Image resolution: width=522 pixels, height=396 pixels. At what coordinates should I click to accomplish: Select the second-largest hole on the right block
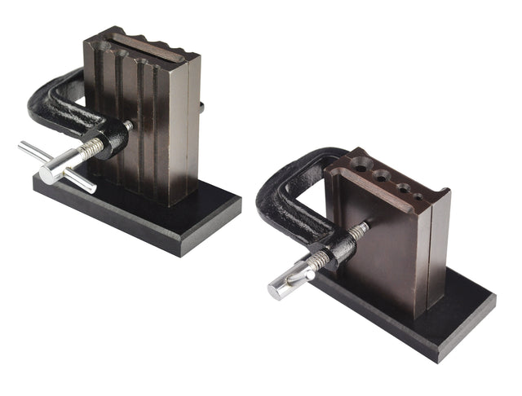pos(381,177)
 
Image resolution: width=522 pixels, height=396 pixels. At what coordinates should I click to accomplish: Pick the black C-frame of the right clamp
pos(281,196)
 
